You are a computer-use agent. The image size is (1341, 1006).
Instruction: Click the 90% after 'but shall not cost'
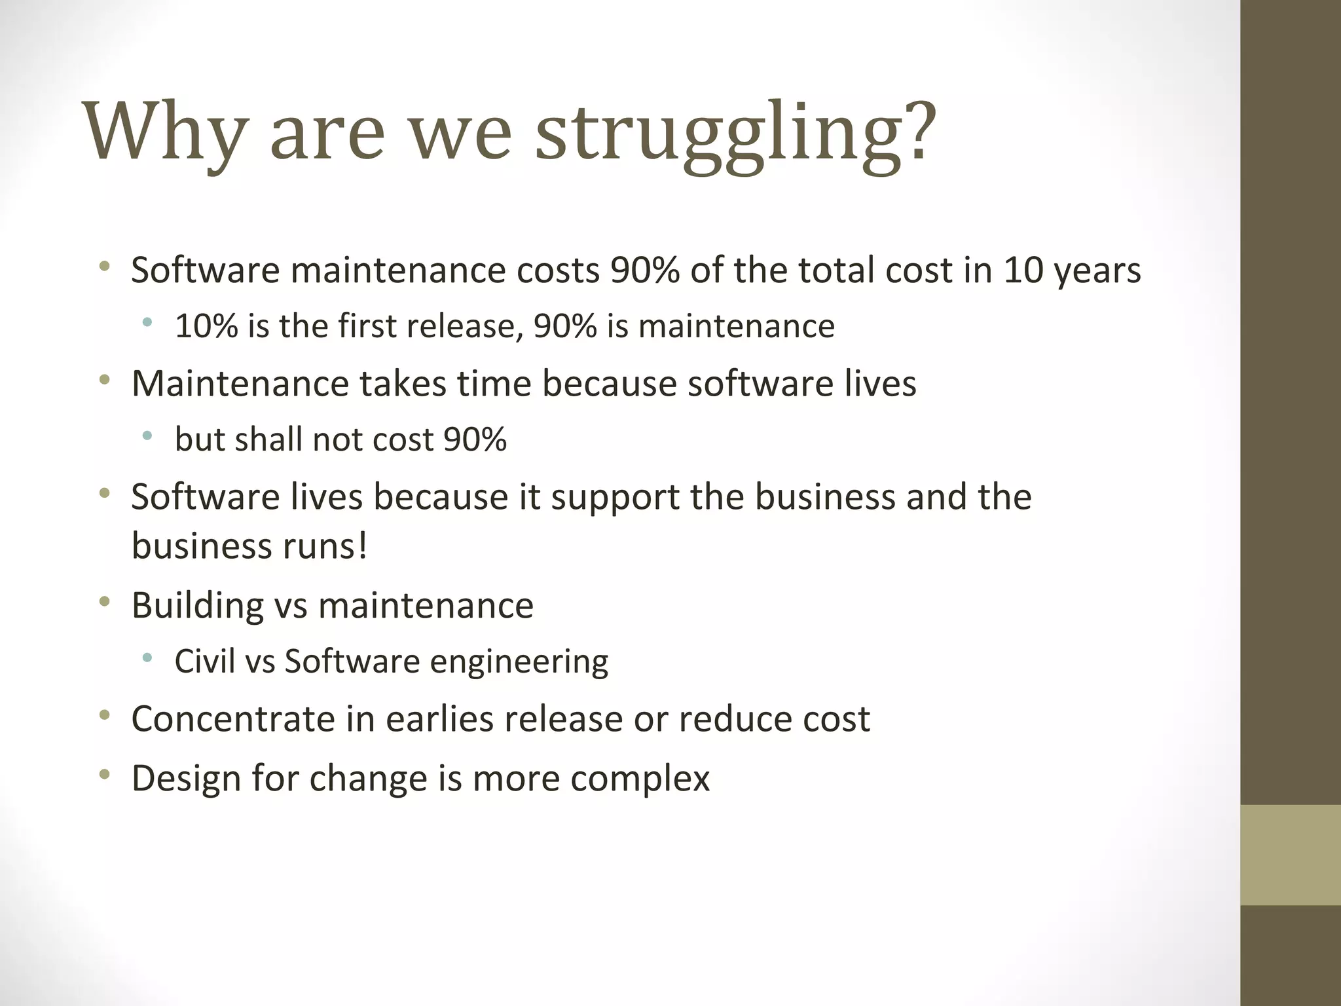coord(475,439)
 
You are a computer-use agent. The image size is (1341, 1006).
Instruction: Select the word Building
coord(197,606)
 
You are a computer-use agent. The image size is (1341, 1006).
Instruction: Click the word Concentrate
coord(233,719)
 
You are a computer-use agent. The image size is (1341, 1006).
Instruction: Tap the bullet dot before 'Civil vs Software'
coord(147,658)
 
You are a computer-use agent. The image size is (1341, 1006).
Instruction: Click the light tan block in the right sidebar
coord(1290,855)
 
